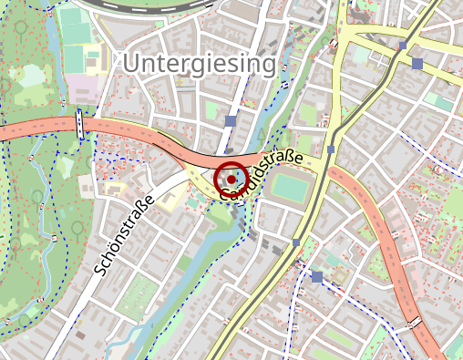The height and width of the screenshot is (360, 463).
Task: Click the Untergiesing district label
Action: click(200, 64)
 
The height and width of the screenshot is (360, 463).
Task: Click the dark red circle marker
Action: click(231, 180)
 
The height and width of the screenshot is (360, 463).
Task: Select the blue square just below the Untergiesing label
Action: click(231, 120)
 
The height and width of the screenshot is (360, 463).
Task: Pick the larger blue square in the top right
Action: click(417, 64)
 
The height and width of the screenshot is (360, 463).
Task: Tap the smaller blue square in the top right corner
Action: click(402, 45)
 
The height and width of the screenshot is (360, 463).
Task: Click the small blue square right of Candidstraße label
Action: click(331, 149)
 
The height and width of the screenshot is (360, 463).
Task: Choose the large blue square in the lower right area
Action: click(316, 276)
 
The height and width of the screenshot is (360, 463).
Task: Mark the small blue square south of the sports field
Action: click(296, 242)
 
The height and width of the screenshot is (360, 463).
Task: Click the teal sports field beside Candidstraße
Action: click(291, 189)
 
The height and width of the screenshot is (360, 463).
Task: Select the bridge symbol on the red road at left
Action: click(80, 124)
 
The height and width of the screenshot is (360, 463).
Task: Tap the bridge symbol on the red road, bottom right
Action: click(414, 322)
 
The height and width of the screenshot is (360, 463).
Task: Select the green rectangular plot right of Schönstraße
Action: click(138, 294)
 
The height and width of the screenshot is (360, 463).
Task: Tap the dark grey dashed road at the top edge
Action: click(155, 5)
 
